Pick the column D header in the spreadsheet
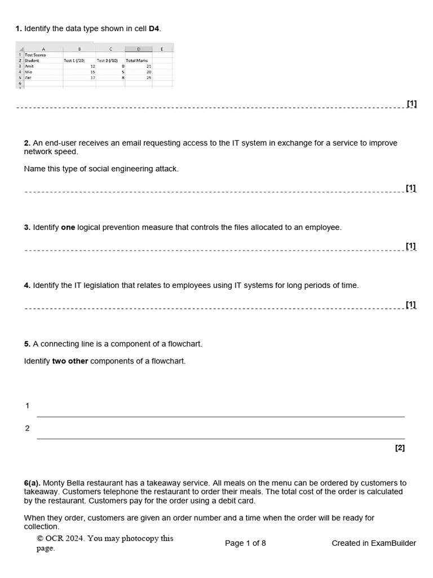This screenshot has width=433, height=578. pyautogui.click(x=139, y=49)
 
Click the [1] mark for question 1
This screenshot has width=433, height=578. pyautogui.click(x=412, y=103)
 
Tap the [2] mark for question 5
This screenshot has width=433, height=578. pyautogui.click(x=400, y=448)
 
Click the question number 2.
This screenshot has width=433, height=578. pyautogui.click(x=27, y=143)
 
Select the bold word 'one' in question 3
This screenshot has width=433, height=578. pyautogui.click(x=68, y=227)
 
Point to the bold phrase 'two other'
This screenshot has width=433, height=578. pyautogui.click(x=70, y=361)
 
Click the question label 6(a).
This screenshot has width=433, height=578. pyautogui.click(x=32, y=483)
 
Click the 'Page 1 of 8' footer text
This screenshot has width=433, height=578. pyautogui.click(x=245, y=543)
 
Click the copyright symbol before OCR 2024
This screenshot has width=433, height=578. pyautogui.click(x=39, y=538)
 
